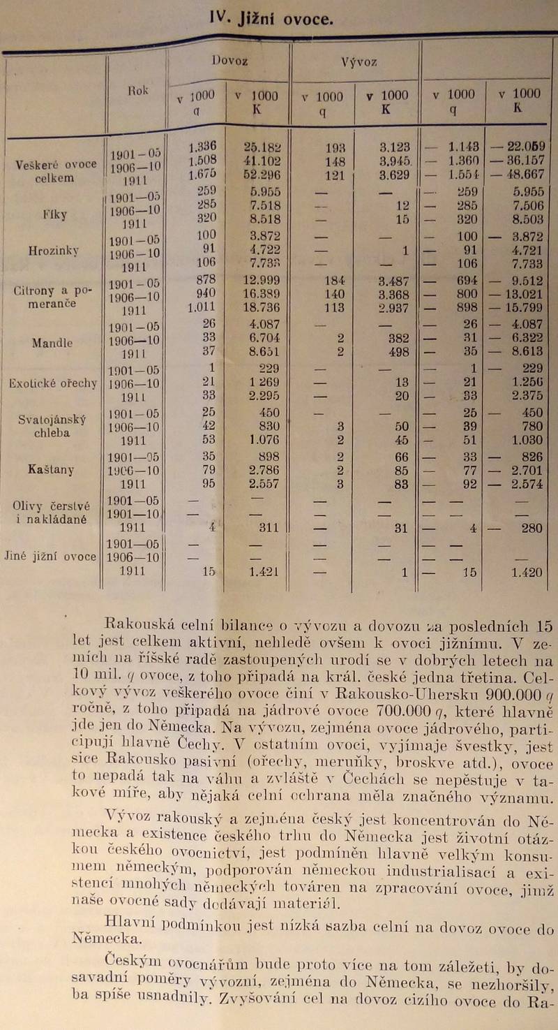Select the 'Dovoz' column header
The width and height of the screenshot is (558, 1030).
coord(229,61)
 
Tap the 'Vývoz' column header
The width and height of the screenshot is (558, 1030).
coord(359,62)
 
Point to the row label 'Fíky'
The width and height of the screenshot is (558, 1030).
coord(54,215)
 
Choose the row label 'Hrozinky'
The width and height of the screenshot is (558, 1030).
coord(55,249)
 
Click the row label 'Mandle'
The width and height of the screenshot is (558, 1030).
coord(52,343)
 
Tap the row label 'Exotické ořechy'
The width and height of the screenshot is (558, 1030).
coord(53,383)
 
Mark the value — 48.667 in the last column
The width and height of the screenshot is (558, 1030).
coord(518,175)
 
